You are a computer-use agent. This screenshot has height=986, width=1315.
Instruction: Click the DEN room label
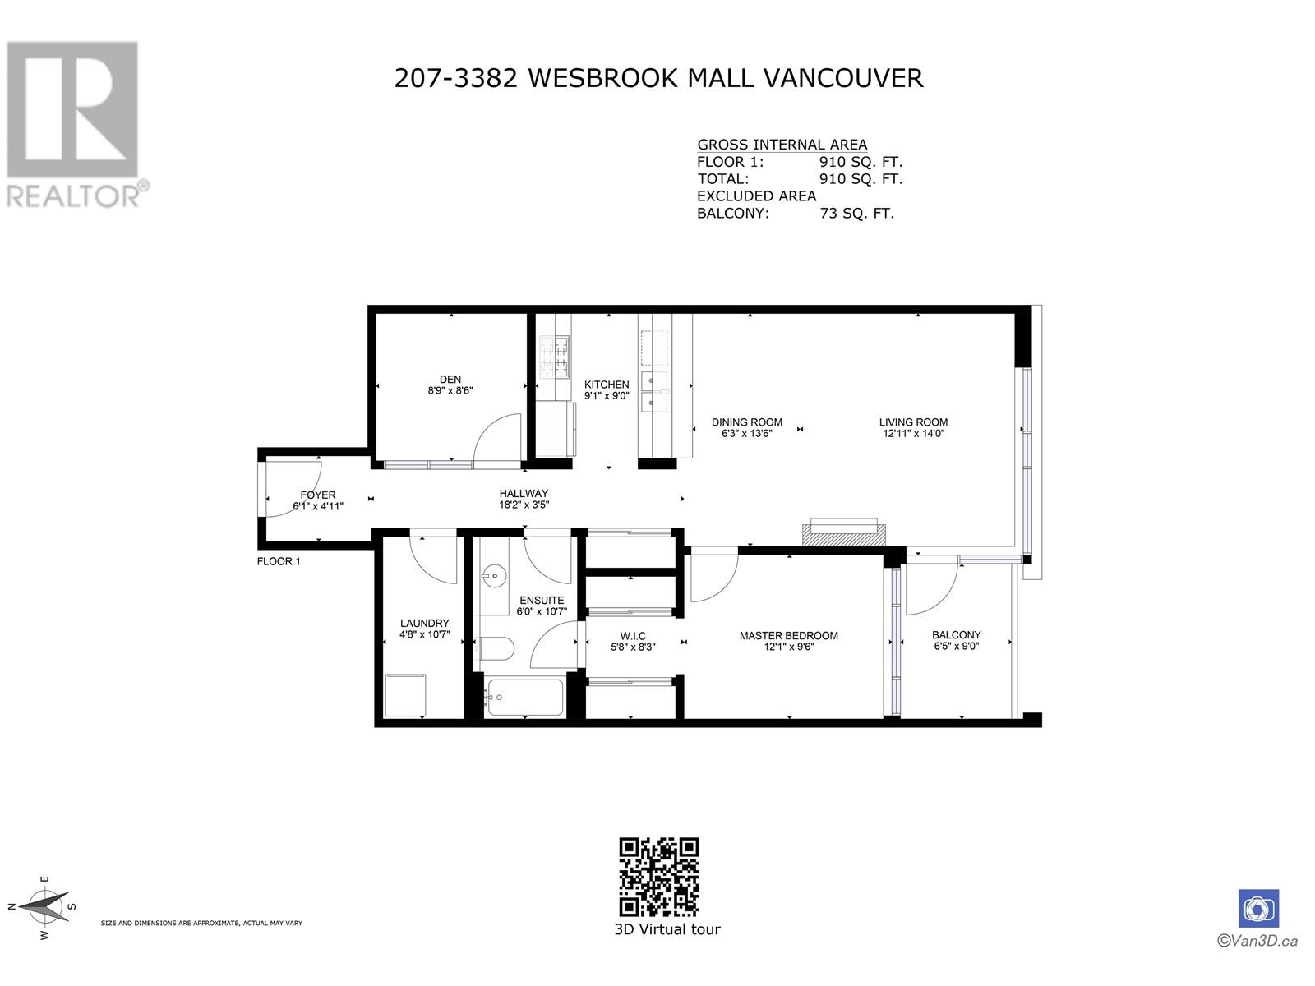[x=450, y=380]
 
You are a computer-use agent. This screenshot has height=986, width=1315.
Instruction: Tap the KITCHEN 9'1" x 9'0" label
[x=607, y=389]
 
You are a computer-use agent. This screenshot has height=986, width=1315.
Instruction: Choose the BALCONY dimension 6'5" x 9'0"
[x=956, y=646]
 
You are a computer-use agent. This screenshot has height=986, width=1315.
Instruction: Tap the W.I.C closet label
[x=633, y=636]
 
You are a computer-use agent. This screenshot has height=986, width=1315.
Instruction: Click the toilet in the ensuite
[x=496, y=650]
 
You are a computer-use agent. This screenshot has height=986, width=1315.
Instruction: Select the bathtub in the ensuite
[x=524, y=698]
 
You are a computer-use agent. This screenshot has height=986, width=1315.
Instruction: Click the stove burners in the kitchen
[x=553, y=357]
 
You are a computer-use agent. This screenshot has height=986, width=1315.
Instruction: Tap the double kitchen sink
[x=655, y=391]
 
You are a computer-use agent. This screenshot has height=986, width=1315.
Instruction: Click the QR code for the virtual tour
[x=658, y=877]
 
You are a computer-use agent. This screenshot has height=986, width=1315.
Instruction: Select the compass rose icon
[x=45, y=906]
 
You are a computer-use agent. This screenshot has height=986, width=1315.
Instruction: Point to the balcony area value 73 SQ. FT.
[x=856, y=214]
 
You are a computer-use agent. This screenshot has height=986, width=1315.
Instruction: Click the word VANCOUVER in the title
[x=843, y=78]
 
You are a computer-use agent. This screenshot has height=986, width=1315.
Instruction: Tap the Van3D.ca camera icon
[x=1258, y=909]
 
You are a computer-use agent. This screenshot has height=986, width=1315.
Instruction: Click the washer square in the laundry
[x=405, y=695]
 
